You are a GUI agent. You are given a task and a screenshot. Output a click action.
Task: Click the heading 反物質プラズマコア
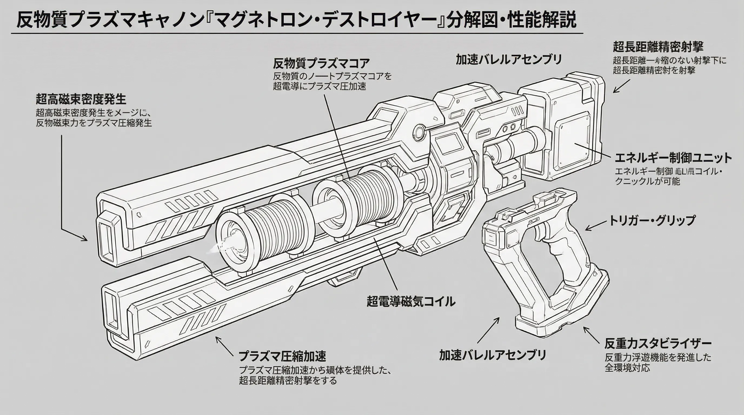pos(321,63)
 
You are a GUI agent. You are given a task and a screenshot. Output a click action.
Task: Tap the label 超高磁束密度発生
pos(81,99)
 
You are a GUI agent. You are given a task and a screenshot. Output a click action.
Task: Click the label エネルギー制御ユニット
pos(673,158)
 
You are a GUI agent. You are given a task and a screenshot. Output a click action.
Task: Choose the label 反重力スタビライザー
pos(658,343)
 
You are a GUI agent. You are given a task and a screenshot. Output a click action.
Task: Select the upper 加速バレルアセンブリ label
pos(509,60)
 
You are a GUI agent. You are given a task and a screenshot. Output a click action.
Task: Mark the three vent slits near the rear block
pos(517,111)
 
